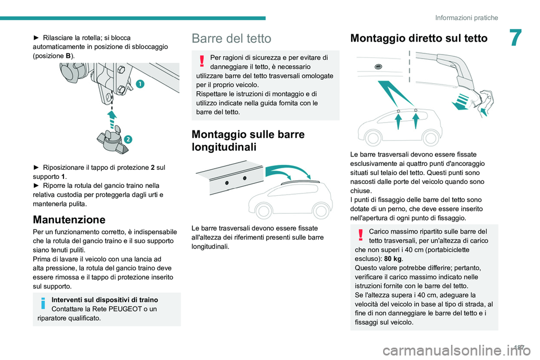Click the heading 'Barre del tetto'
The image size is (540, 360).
click(231, 38)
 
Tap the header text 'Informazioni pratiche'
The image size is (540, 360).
click(467, 17)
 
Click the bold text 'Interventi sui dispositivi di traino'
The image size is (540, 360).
click(105, 300)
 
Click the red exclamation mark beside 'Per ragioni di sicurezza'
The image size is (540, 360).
click(200, 58)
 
